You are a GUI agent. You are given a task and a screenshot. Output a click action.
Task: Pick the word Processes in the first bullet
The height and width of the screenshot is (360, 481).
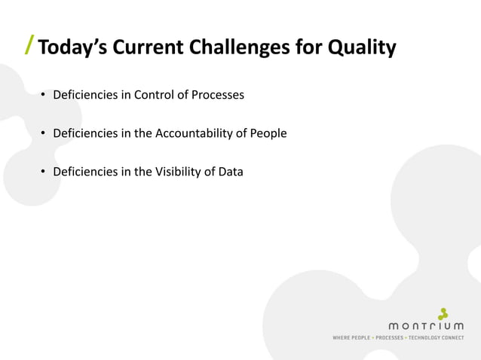click(218, 95)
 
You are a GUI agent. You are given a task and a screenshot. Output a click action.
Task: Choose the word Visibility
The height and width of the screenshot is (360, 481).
click(179, 172)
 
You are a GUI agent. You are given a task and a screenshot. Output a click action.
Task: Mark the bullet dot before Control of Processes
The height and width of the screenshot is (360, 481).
click(44, 96)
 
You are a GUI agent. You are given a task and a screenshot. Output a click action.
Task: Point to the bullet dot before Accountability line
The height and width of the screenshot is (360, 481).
click(44, 134)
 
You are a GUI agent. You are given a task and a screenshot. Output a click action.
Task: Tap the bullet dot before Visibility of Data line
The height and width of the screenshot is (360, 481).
click(44, 172)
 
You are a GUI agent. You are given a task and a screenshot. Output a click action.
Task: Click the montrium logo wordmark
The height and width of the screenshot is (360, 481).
click(426, 326)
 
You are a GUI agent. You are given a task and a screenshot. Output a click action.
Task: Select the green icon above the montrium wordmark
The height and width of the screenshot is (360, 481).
click(444, 313)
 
